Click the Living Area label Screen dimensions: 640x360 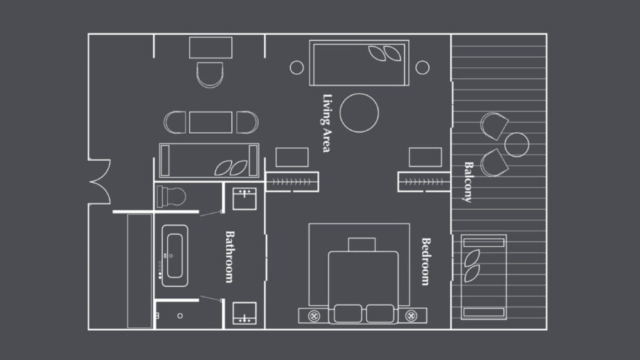click(x=327, y=123)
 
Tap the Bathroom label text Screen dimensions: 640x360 click(x=230, y=257)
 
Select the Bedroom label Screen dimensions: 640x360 click(x=426, y=262)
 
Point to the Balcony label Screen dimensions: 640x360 click(x=469, y=182)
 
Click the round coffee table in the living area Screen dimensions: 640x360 click(x=359, y=113)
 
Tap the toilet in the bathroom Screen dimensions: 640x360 click(x=171, y=196)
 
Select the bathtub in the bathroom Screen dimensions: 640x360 click(x=175, y=255)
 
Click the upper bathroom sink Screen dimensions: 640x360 click(x=245, y=198)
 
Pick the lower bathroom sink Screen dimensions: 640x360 click(x=245, y=313)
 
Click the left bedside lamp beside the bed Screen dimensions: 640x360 click(x=314, y=316)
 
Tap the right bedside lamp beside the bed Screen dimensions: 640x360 click(x=412, y=316)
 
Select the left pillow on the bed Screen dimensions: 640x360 click(x=348, y=314)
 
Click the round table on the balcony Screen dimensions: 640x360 click(x=517, y=144)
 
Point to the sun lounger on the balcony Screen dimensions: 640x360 click(x=484, y=277)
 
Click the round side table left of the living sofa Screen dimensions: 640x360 click(x=297, y=68)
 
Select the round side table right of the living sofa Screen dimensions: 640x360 click(x=422, y=68)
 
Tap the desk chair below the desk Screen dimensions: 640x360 click(x=210, y=75)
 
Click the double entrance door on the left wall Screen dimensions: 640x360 click(x=100, y=181)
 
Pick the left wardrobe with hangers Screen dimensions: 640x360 click(x=292, y=182)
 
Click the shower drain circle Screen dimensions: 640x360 click(x=180, y=316)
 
